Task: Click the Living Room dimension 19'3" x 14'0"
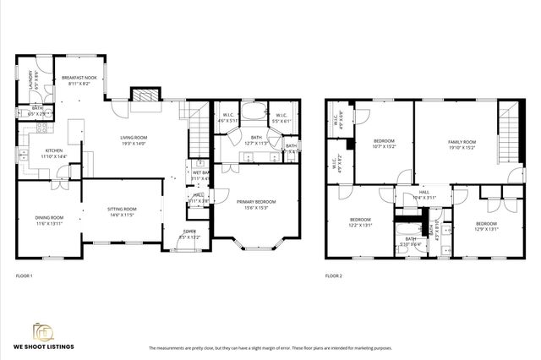[133, 143]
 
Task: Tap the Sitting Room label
[122, 209]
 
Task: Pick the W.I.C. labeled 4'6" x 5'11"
[227, 117]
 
